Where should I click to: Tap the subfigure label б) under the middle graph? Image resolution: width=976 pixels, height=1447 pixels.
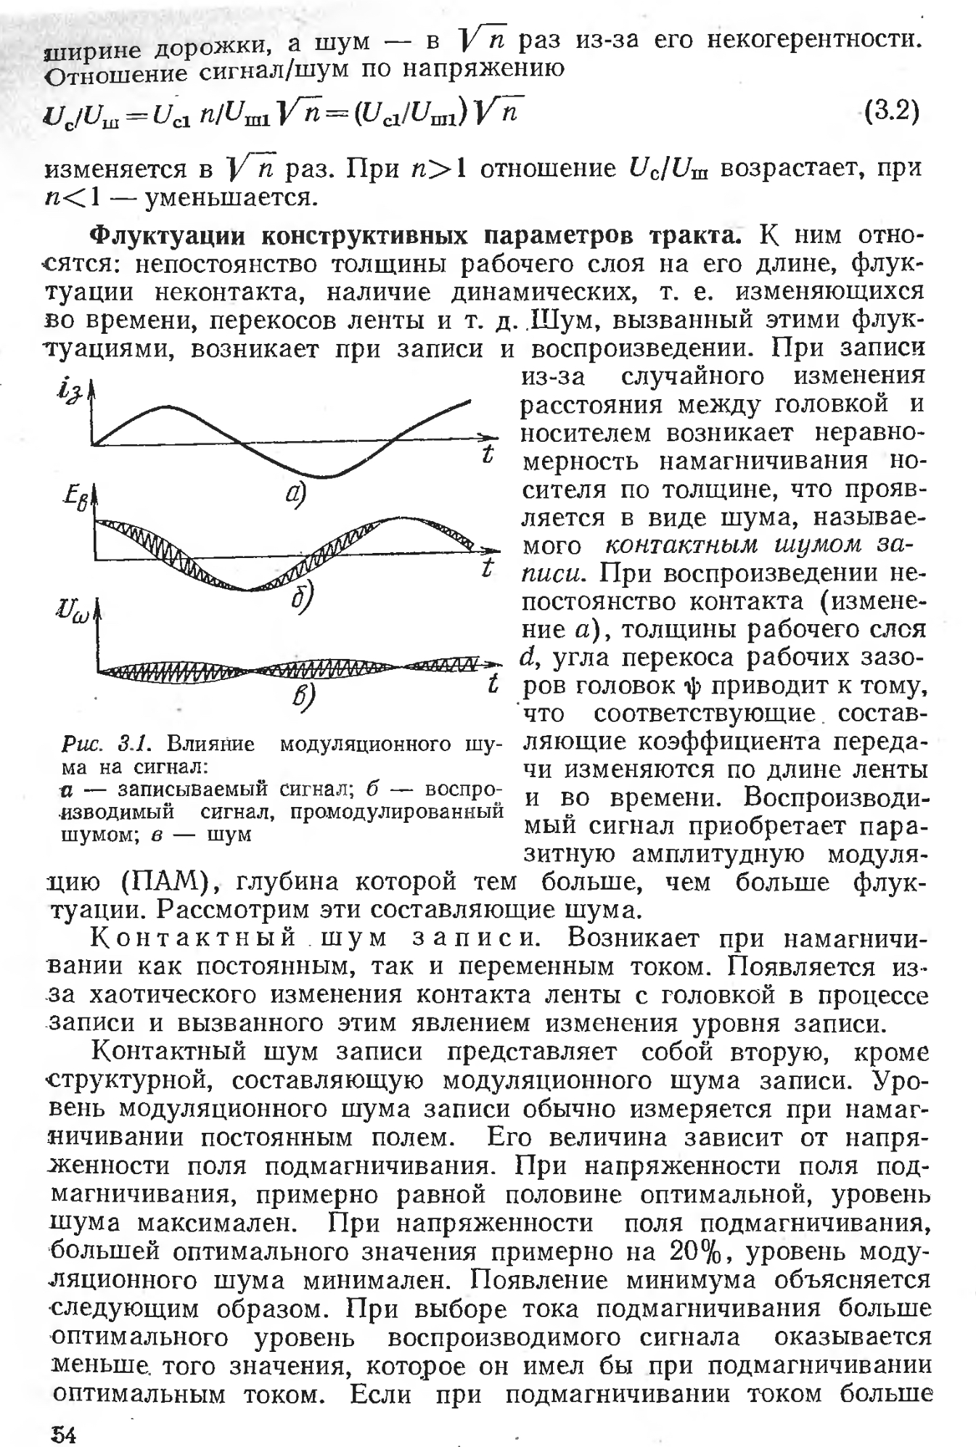click(301, 597)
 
